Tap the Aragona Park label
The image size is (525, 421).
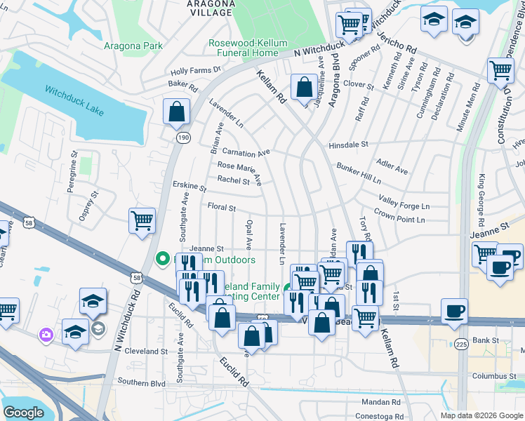133,46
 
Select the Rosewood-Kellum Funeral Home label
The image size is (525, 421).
248,48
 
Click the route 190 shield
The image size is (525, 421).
182,138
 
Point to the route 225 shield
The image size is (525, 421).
460,344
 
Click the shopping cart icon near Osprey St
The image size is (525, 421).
142,220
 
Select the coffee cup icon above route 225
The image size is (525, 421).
454,310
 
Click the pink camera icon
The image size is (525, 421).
47,335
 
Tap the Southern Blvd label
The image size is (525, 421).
142,383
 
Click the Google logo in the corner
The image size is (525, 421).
24,413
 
